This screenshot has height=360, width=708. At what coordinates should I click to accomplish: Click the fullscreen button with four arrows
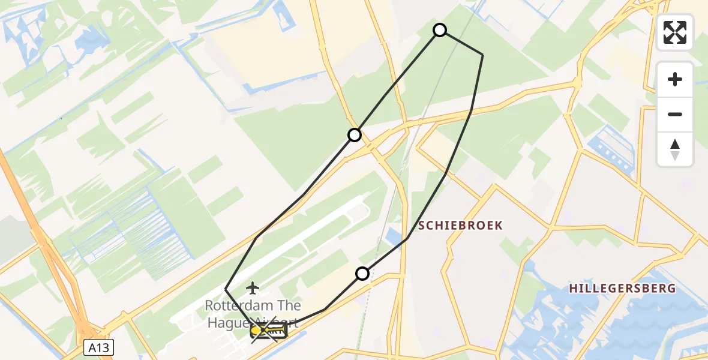tap(675, 32)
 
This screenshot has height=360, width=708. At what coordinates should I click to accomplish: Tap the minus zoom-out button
tap(675, 115)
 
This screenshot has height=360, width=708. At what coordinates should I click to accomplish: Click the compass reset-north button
tap(675, 149)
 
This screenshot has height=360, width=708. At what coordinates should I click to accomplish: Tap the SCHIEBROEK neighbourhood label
tap(460, 225)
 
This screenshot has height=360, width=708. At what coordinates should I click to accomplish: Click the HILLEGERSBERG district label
tap(622, 289)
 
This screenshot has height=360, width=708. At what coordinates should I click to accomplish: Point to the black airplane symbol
tap(253, 289)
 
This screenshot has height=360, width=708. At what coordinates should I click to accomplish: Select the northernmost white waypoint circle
tap(440, 30)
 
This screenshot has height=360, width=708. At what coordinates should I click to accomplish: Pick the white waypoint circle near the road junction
tap(355, 135)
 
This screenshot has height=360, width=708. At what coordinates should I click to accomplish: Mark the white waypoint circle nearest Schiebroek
tap(362, 274)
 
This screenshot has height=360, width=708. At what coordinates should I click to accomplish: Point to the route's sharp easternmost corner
tap(482, 55)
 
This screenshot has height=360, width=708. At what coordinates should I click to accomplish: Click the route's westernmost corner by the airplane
tap(226, 289)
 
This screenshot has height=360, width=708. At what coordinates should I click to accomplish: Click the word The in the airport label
tap(286, 305)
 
